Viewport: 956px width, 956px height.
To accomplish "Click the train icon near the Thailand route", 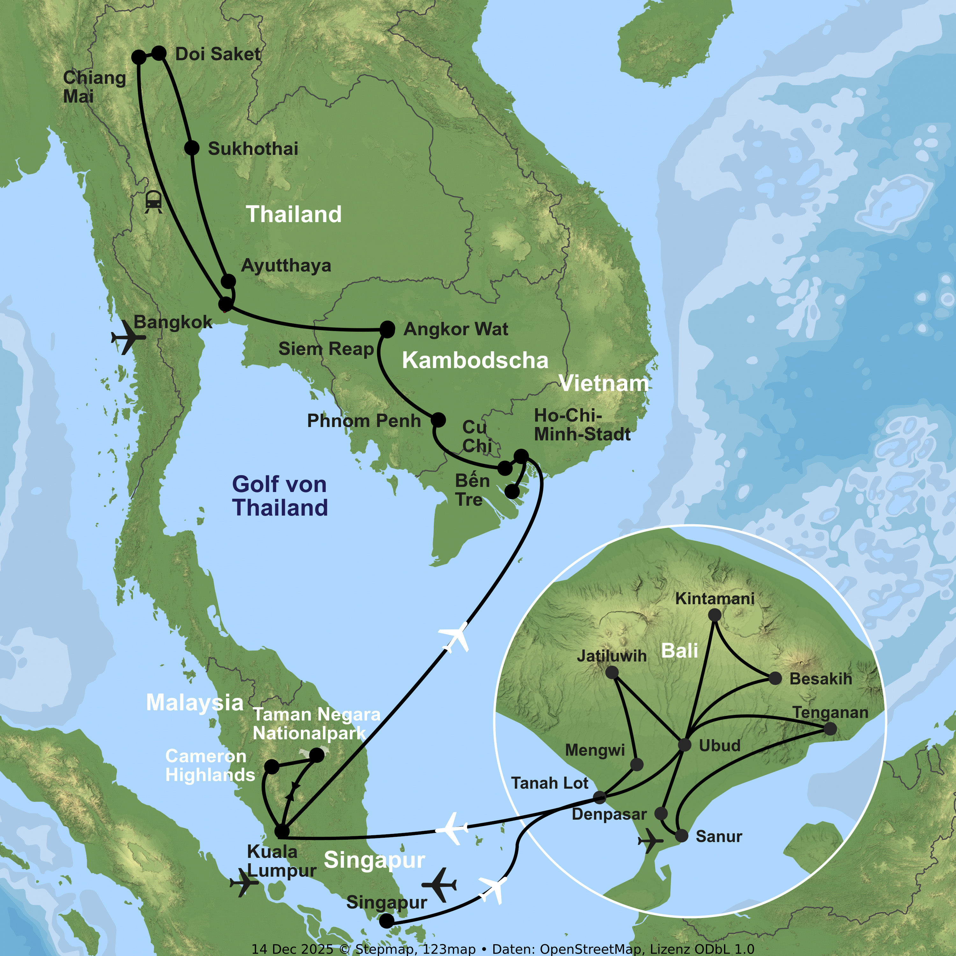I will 153,201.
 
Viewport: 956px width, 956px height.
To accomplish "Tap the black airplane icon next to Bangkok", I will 128,337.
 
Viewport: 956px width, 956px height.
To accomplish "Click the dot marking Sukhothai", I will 192,148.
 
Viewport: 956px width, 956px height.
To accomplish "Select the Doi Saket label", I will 218,54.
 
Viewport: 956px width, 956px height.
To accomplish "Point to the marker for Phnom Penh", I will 438,420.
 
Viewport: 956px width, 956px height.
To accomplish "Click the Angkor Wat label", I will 456,329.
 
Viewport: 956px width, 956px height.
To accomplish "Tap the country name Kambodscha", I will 475,360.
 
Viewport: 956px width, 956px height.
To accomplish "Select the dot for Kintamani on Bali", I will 714,615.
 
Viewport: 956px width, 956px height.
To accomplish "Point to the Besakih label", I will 821,679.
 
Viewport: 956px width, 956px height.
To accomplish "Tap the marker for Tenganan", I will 830,728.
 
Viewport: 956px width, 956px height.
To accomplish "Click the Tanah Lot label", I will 549,783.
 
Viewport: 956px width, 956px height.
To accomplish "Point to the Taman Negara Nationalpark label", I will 317,723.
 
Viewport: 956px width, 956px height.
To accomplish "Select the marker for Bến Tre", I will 512,492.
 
